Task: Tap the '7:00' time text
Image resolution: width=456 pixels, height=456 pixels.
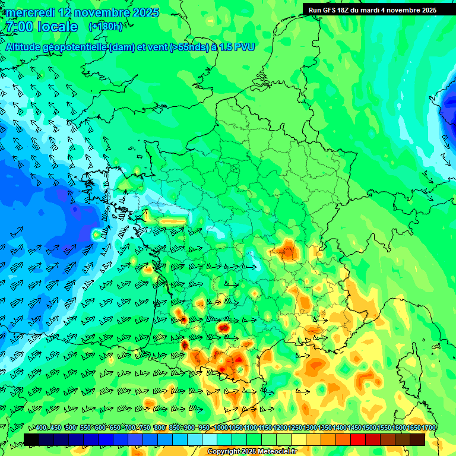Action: pyautogui.click(x=18, y=27)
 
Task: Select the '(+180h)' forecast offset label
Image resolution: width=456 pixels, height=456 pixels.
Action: pyautogui.click(x=106, y=27)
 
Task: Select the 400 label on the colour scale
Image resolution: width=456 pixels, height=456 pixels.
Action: pyautogui.click(x=41, y=428)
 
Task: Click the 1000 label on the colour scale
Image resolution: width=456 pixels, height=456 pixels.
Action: pyautogui.click(x=220, y=428)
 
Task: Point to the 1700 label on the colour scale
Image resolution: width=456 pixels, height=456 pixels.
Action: pyautogui.click(x=428, y=428)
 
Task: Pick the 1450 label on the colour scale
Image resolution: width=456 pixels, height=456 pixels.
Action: pyautogui.click(x=354, y=428)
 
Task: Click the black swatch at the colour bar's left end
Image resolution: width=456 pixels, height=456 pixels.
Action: pyautogui.click(x=31, y=439)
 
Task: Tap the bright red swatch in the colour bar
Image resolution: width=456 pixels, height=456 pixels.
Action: pyautogui.click(x=358, y=439)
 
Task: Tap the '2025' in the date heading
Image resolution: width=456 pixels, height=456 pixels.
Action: pyautogui.click(x=145, y=12)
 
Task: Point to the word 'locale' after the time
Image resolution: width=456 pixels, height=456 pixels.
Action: pyautogui.click(x=57, y=27)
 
